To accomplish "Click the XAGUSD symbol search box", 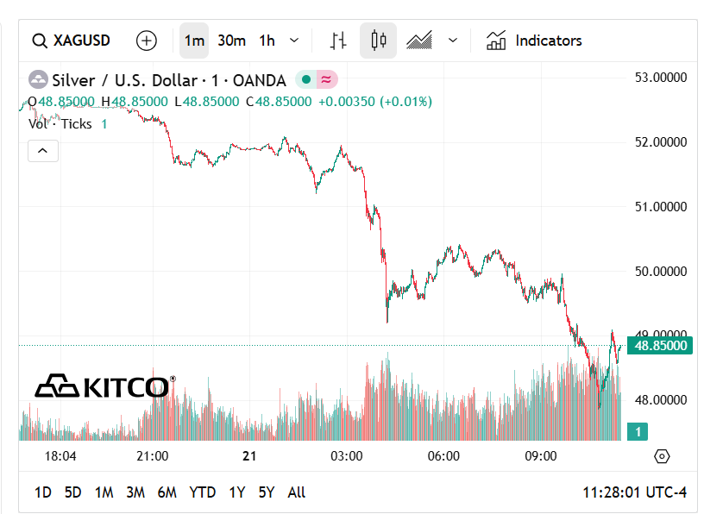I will pyautogui.click(x=72, y=41).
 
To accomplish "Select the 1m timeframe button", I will pyautogui.click(x=194, y=41).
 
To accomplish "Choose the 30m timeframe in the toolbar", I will pyautogui.click(x=231, y=41).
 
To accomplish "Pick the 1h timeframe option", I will pyautogui.click(x=267, y=41).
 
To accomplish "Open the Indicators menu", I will pyautogui.click(x=534, y=41).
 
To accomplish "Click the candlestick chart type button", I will pyautogui.click(x=377, y=41).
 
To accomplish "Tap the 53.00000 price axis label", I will pyautogui.click(x=660, y=78).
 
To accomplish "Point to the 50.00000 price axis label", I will pyautogui.click(x=660, y=271).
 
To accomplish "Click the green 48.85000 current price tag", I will pyautogui.click(x=660, y=346).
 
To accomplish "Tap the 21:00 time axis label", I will pyautogui.click(x=153, y=456).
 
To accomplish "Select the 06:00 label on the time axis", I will pyautogui.click(x=444, y=456).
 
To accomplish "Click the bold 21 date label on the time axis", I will pyautogui.click(x=250, y=456).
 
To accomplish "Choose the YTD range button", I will pyautogui.click(x=202, y=492).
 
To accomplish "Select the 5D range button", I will pyautogui.click(x=73, y=492).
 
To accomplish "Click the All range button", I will pyautogui.click(x=296, y=492).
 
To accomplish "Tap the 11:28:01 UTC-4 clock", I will pyautogui.click(x=634, y=492).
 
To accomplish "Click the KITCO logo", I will pyautogui.click(x=104, y=386).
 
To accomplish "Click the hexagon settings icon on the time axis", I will pyautogui.click(x=662, y=456).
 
